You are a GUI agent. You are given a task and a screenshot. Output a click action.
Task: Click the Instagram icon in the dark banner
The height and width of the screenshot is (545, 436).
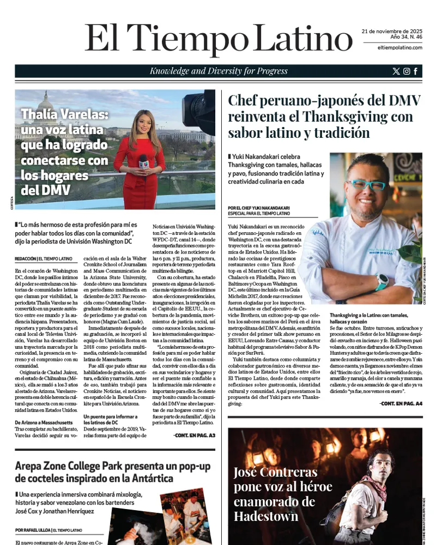tap(406, 71)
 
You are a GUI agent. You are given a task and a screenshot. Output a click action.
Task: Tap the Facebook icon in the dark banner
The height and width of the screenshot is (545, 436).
tap(416, 71)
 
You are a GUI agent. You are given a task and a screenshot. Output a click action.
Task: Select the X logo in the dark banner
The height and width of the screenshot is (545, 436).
tap(396, 71)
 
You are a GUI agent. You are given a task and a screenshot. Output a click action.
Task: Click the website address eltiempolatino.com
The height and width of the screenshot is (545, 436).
tap(399, 48)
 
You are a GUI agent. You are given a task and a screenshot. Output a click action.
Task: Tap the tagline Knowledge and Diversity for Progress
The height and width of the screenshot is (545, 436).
tap(219, 71)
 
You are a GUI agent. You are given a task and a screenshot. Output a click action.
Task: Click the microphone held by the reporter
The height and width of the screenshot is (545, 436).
tap(143, 162)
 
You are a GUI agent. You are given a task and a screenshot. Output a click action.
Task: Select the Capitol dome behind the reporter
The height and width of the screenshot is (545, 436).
tap(46, 104)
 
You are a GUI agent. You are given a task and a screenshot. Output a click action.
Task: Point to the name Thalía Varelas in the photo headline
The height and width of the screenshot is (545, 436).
tap(65, 115)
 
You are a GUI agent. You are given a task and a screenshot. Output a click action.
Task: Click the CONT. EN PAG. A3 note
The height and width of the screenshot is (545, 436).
tap(194, 435)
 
